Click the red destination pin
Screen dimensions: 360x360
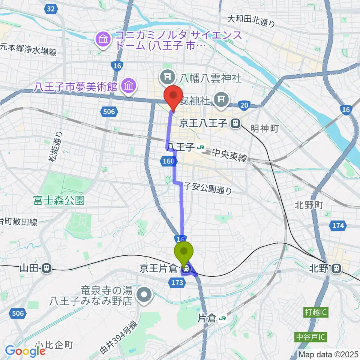pos(173,96)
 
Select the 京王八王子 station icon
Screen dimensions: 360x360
pos(236,123)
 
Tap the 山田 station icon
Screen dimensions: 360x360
pos(46,268)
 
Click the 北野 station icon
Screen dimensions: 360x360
pos(337,268)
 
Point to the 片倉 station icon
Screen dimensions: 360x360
pos(222,319)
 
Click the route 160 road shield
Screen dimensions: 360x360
pos(168,162)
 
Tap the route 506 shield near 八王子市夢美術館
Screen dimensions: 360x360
pos(110,111)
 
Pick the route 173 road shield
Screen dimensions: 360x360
pos(178,282)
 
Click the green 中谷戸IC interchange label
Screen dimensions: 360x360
pos(311,337)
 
